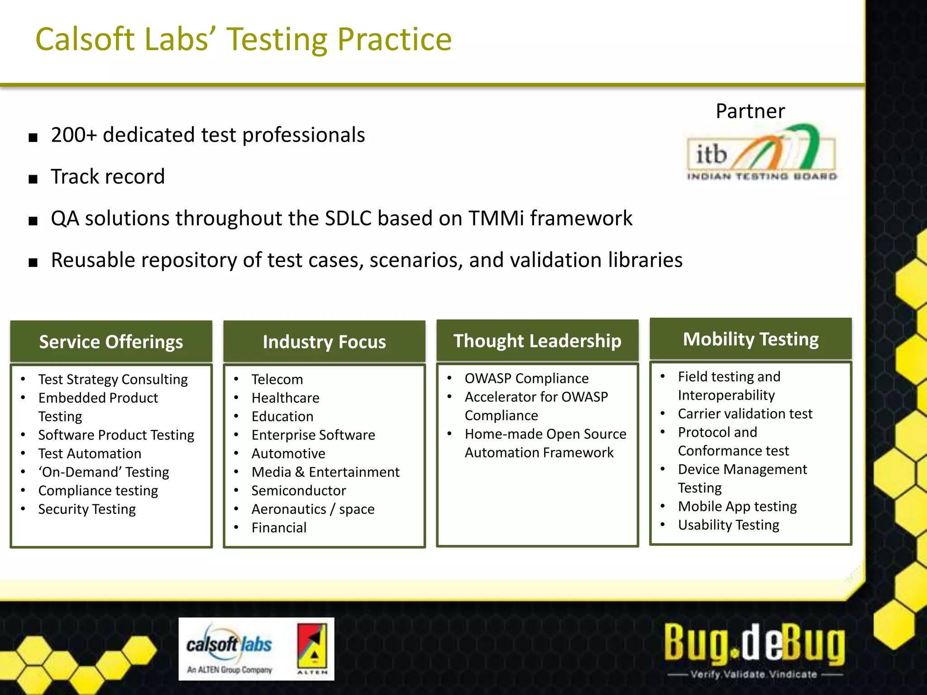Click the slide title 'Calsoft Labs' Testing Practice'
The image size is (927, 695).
[244, 39]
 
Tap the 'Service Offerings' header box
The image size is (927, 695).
[111, 342]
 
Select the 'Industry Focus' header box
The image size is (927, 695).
[324, 342]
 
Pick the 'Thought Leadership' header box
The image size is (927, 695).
[537, 340]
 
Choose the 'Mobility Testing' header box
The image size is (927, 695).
[750, 339]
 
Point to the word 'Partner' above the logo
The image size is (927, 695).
[750, 111]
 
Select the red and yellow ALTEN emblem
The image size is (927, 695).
[312, 648]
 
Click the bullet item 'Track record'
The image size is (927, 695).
[108, 176]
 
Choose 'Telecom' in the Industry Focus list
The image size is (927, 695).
[277, 379]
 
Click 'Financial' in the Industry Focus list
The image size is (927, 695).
[279, 528]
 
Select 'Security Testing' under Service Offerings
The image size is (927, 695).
[87, 509]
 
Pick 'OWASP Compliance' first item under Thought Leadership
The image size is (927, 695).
[526, 378]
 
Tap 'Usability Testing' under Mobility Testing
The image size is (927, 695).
[728, 525]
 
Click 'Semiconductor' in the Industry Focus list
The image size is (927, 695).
[299, 490]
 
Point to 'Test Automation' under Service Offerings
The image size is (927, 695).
[90, 453]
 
